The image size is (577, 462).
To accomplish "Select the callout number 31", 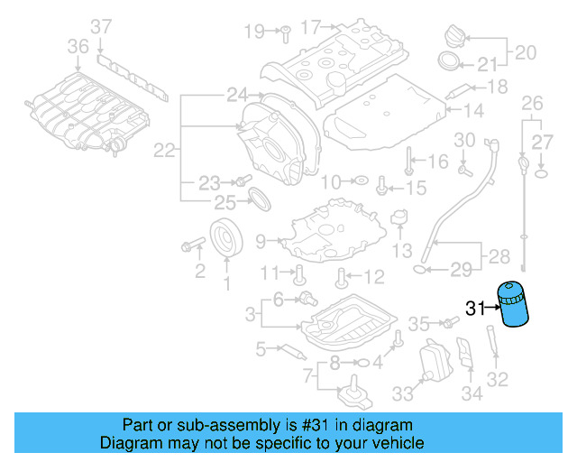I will [475, 309].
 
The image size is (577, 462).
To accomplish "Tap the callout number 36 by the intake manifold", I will [78, 46].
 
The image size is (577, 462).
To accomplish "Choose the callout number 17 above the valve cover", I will [310, 28].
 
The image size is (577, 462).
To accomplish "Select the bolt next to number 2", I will [192, 245].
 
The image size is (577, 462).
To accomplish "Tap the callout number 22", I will [163, 152].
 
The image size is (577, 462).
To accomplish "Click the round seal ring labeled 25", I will [258, 199].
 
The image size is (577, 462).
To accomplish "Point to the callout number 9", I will [261, 241].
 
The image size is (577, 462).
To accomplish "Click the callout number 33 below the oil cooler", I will [401, 393].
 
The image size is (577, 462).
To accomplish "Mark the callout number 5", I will [261, 347].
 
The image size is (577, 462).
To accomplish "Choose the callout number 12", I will [373, 276].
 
